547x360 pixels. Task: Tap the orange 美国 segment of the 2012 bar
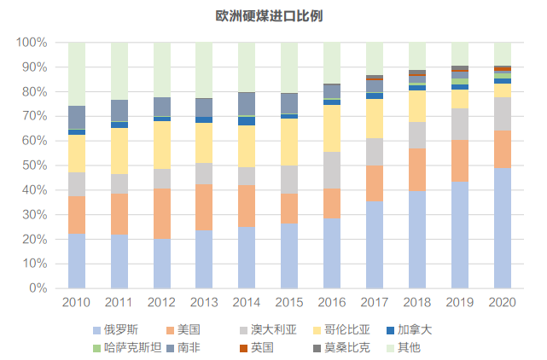pos(162,213)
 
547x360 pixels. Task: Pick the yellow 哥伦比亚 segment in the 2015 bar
pos(289,142)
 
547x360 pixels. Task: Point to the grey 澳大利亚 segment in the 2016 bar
pos(332,170)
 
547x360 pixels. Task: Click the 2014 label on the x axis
pos(247,302)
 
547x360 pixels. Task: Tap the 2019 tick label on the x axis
pos(460,302)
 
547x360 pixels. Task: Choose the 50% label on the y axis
pos(34,165)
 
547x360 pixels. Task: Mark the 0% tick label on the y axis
pos(38,288)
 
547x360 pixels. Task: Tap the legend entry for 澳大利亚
pos(272,329)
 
